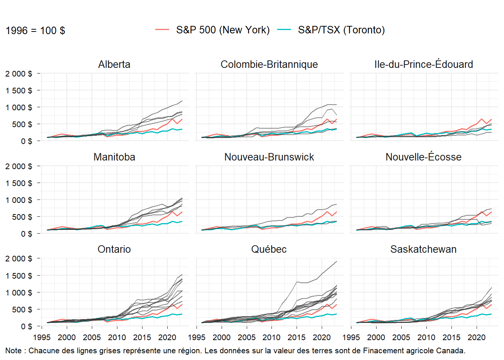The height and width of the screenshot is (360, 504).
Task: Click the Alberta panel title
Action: [114, 64]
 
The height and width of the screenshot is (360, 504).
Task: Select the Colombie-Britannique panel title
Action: [269, 64]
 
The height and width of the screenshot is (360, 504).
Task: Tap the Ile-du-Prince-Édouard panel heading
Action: [423, 64]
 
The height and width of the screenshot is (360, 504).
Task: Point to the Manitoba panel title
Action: [114, 157]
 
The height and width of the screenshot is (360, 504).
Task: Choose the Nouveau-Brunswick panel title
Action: [269, 157]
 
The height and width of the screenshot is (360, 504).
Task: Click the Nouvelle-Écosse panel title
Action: [423, 157]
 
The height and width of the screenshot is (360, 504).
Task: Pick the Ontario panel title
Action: [114, 249]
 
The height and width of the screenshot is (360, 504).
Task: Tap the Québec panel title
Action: [269, 249]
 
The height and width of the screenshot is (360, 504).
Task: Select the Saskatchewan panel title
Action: [423, 249]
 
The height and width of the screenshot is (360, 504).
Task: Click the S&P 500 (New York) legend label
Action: [223, 30]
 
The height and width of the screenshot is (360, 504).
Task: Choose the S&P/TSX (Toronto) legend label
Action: [341, 30]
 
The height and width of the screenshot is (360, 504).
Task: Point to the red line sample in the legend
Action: [162, 30]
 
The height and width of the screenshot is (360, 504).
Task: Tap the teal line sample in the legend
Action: [284, 30]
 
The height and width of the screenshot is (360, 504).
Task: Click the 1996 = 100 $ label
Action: [35, 31]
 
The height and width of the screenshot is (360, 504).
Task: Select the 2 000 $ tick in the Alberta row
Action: [19, 73]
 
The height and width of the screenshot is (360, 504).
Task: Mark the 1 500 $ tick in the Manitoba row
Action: [19, 183]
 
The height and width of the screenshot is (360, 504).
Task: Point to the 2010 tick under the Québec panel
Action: [271, 337]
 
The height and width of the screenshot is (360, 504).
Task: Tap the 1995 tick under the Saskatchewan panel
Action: [351, 337]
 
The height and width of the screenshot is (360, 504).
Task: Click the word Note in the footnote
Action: [13, 351]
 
